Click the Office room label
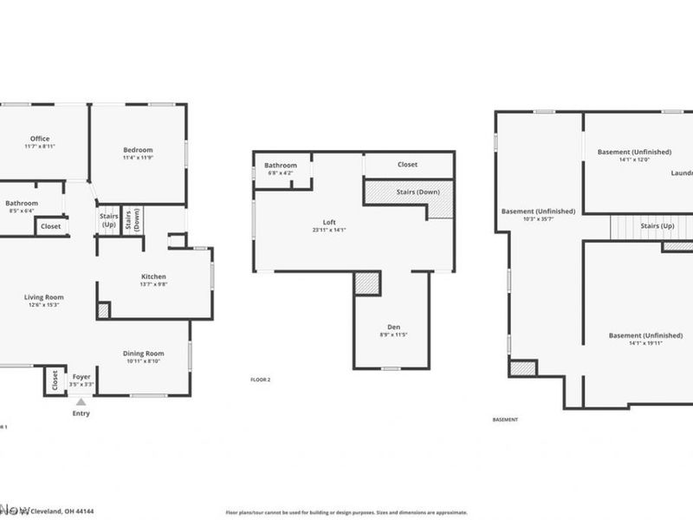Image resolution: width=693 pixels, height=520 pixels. (x=40, y=139)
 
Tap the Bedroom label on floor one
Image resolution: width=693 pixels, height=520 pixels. (x=138, y=150)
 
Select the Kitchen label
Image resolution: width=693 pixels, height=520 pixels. (x=153, y=277)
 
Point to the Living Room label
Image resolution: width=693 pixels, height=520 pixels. (x=43, y=297)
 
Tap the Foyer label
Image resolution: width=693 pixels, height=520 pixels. (x=81, y=376)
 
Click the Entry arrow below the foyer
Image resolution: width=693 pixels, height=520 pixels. (x=81, y=402)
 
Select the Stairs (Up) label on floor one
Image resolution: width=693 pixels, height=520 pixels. (x=109, y=220)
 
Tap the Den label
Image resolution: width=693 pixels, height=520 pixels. (x=393, y=327)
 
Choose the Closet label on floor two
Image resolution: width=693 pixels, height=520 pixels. (x=407, y=165)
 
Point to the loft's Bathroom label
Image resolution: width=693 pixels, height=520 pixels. (x=281, y=166)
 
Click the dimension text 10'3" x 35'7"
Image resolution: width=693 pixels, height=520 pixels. (x=537, y=218)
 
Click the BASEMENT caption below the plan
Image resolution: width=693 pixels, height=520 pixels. (x=505, y=419)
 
